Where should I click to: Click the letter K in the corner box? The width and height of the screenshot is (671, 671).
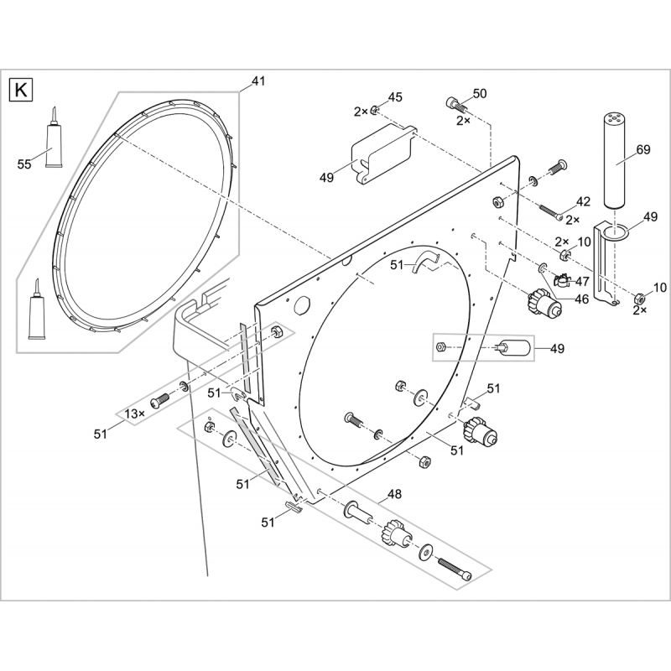(x=20, y=91)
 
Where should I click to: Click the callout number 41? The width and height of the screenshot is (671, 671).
(x=257, y=81)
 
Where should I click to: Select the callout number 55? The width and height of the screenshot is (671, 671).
(x=24, y=164)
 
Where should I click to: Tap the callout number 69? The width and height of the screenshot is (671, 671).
(x=643, y=149)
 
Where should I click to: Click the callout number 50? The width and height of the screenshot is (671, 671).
(x=479, y=93)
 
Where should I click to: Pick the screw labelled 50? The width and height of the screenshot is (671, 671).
(x=456, y=105)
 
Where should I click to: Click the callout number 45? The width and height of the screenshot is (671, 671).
(x=395, y=97)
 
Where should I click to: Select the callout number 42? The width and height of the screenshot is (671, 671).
(x=583, y=201)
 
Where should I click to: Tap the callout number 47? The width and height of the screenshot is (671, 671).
(x=582, y=282)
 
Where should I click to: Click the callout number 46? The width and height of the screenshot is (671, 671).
(x=581, y=299)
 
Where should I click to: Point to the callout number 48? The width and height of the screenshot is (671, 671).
(x=394, y=494)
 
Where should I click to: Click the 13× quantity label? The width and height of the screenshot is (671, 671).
(x=135, y=414)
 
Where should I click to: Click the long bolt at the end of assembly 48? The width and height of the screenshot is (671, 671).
(x=455, y=569)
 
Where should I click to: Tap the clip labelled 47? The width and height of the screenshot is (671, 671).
(x=561, y=281)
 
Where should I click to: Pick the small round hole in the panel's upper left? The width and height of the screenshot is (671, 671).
(x=302, y=305)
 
